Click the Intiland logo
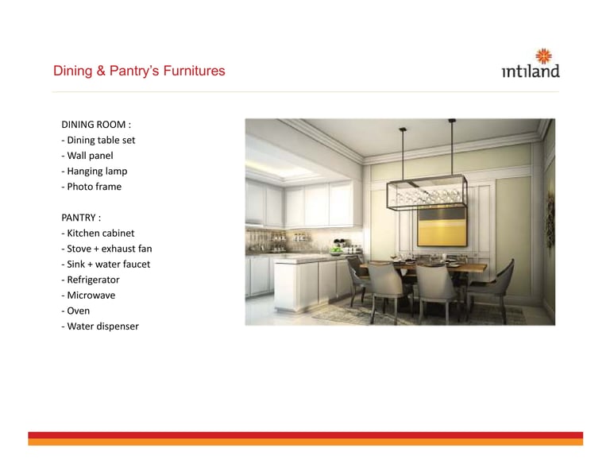pos(531,63)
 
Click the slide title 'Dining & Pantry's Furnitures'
pos(139,71)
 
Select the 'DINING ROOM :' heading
pos(96,125)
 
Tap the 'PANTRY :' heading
pos(81,218)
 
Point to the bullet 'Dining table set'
pos(98,140)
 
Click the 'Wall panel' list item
pos(87,156)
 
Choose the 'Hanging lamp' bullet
pos(95,171)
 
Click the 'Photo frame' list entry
pos(91,187)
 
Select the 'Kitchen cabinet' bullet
pos(98,233)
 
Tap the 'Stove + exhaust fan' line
pos(106,249)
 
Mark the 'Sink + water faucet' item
pos(106,264)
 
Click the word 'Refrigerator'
pos(94,280)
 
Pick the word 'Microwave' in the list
pos(91,295)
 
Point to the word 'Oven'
pos(78,311)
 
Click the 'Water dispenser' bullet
pos(100,326)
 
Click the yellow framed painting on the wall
pos(442,226)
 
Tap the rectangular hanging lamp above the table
pos(427,193)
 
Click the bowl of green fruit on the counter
pos(336,250)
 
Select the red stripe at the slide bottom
pos(305,435)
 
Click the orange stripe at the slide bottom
pos(305,442)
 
